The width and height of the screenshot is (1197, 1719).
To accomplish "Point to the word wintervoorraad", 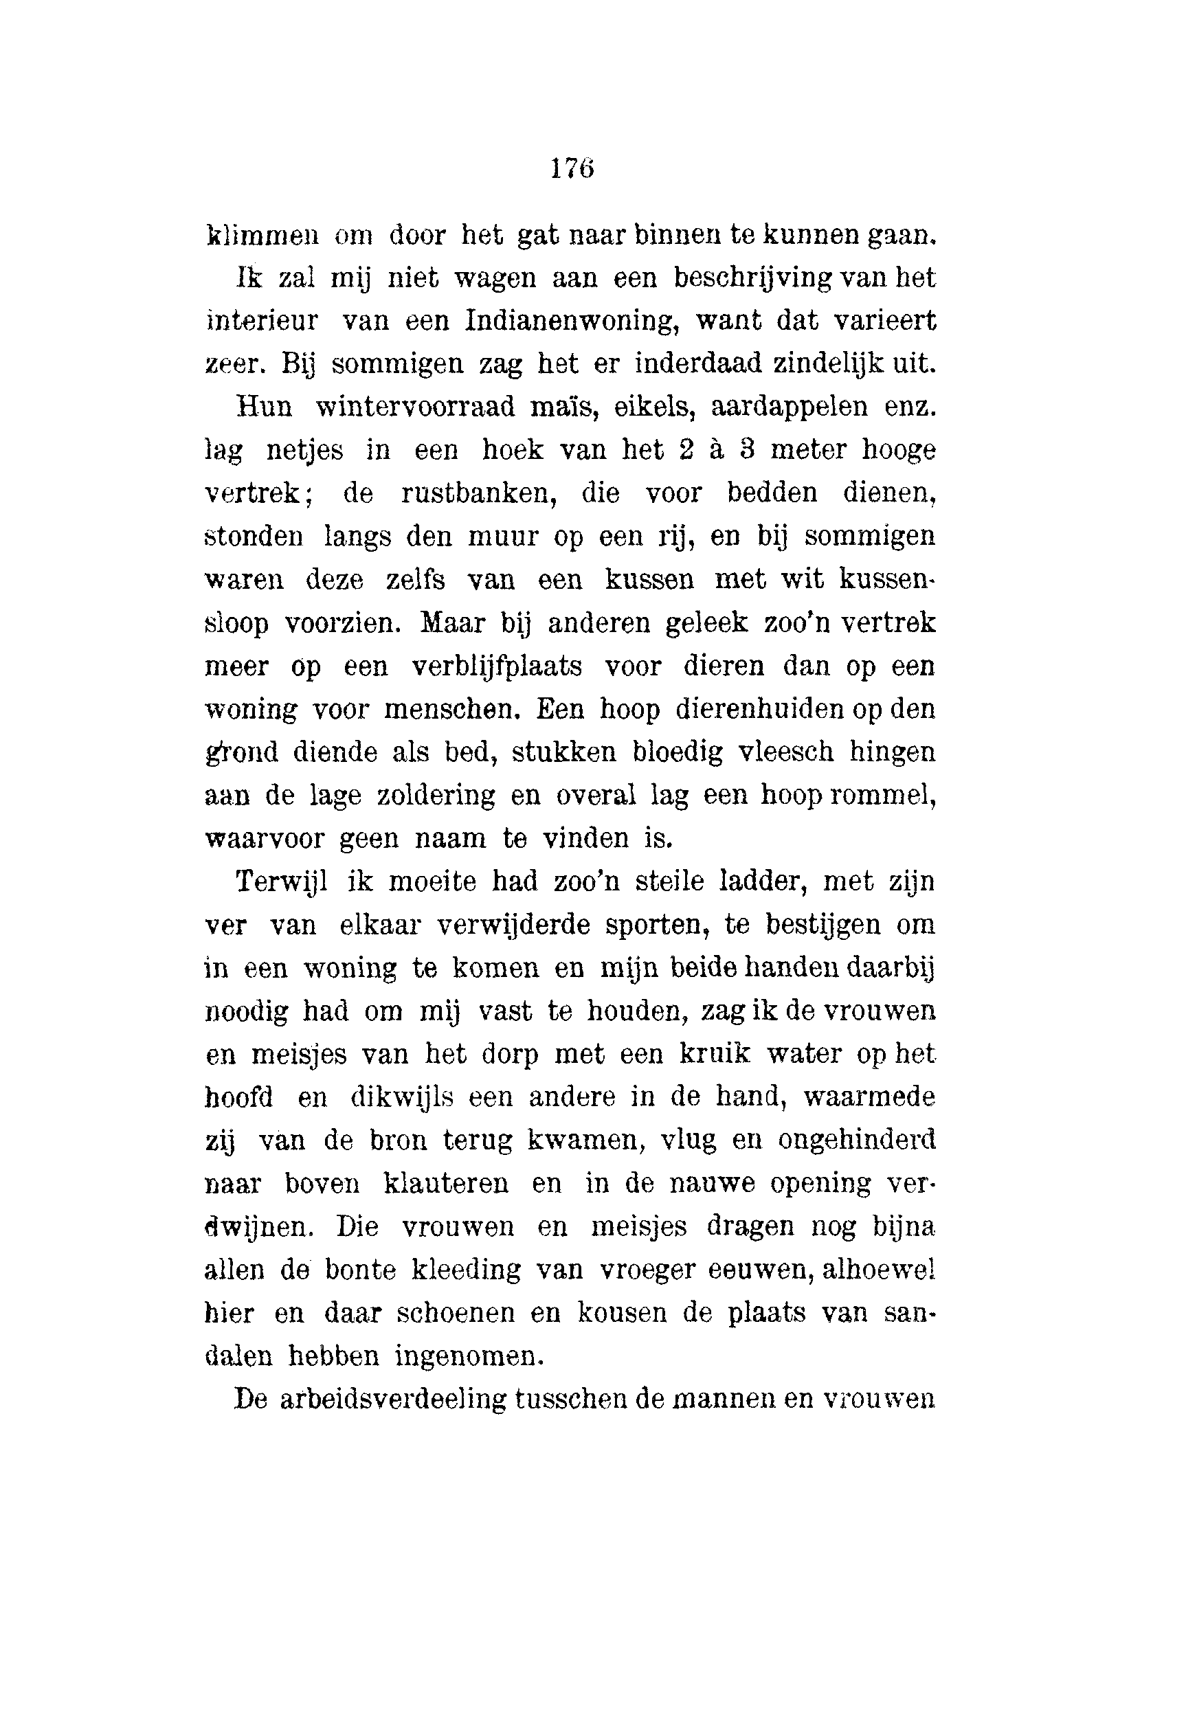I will tap(416, 407).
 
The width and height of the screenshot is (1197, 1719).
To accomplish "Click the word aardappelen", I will tap(789, 407).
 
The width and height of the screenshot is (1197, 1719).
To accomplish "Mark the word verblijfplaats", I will tap(497, 666).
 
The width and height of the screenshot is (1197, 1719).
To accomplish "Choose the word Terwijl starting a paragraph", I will tap(282, 882).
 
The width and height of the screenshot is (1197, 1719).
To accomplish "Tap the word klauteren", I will tap(446, 1184).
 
